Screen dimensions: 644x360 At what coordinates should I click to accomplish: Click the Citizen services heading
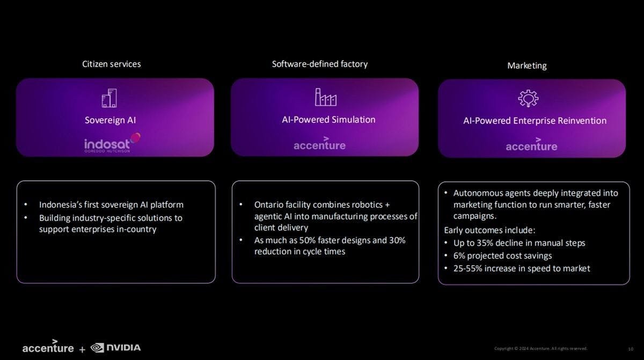coord(112,64)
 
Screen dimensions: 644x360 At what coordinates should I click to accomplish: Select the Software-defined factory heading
coord(320,64)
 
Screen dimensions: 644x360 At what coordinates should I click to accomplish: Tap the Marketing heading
coord(527,66)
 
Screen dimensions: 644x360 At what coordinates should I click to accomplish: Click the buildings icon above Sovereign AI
coord(109,98)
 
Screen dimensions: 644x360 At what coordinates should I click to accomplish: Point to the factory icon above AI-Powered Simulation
coord(326,97)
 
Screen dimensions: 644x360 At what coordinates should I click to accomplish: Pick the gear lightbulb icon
coord(528,99)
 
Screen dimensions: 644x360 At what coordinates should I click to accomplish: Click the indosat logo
coord(112,143)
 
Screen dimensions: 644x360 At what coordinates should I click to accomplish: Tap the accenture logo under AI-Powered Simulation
coord(320,143)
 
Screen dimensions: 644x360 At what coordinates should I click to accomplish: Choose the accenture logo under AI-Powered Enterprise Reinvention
coord(532,144)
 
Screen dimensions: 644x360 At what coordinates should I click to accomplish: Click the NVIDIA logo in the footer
coord(115,348)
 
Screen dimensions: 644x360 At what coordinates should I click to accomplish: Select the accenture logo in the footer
coord(48,346)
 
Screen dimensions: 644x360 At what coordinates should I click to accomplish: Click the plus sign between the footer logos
coord(82,349)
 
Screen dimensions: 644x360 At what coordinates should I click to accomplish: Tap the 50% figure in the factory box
coord(308,240)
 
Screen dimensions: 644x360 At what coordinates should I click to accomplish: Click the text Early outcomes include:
coord(489,230)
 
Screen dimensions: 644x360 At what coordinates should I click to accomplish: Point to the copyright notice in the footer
coord(540,349)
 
